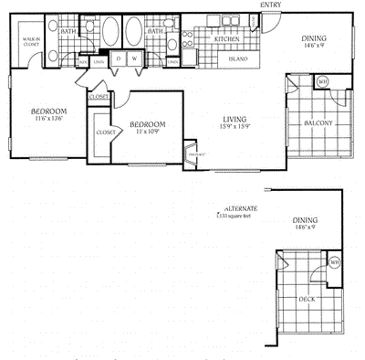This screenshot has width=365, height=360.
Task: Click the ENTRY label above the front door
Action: click(271, 5)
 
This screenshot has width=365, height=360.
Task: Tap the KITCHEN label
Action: click(226, 40)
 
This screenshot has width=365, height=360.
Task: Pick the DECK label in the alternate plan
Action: click(308, 298)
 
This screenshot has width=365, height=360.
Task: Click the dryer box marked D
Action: click(120, 58)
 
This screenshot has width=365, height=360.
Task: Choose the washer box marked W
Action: click(134, 58)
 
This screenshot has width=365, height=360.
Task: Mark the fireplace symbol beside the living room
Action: click(191, 154)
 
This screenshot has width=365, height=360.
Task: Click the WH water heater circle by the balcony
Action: click(321, 82)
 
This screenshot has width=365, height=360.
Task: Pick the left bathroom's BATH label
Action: click(68, 31)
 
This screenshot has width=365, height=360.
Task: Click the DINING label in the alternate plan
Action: click(306, 221)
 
